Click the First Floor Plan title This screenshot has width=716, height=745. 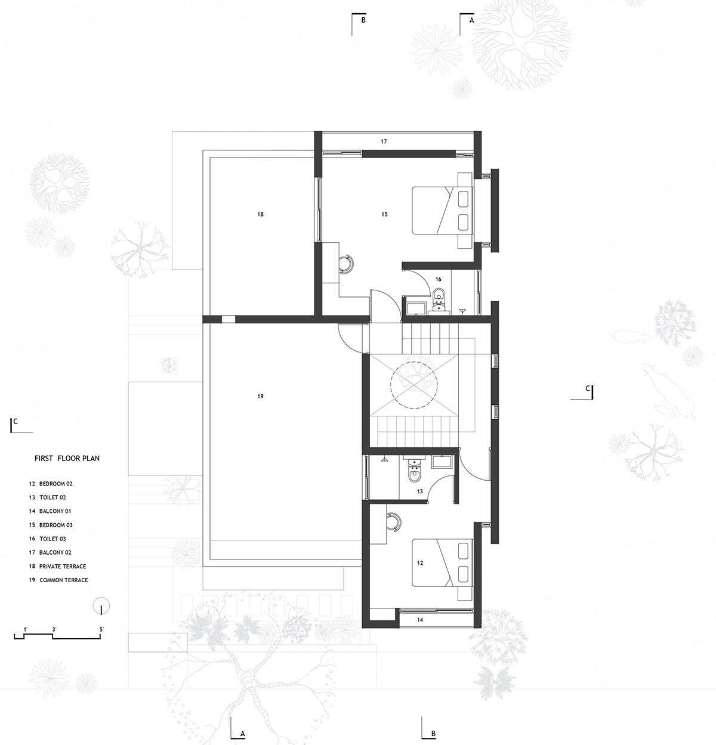(67, 458)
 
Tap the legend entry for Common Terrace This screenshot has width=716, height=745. (58, 580)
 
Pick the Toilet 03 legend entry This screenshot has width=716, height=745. (48, 539)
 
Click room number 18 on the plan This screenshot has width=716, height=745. (260, 214)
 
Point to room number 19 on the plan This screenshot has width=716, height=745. (260, 396)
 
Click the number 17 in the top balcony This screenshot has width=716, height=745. (384, 141)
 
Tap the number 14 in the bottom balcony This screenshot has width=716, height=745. (420, 620)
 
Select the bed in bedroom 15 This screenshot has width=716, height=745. (442, 210)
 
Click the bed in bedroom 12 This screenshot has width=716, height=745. (442, 562)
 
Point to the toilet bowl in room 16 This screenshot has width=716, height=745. (439, 295)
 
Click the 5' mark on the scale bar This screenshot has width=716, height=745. (101, 629)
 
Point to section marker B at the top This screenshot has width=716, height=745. (359, 24)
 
